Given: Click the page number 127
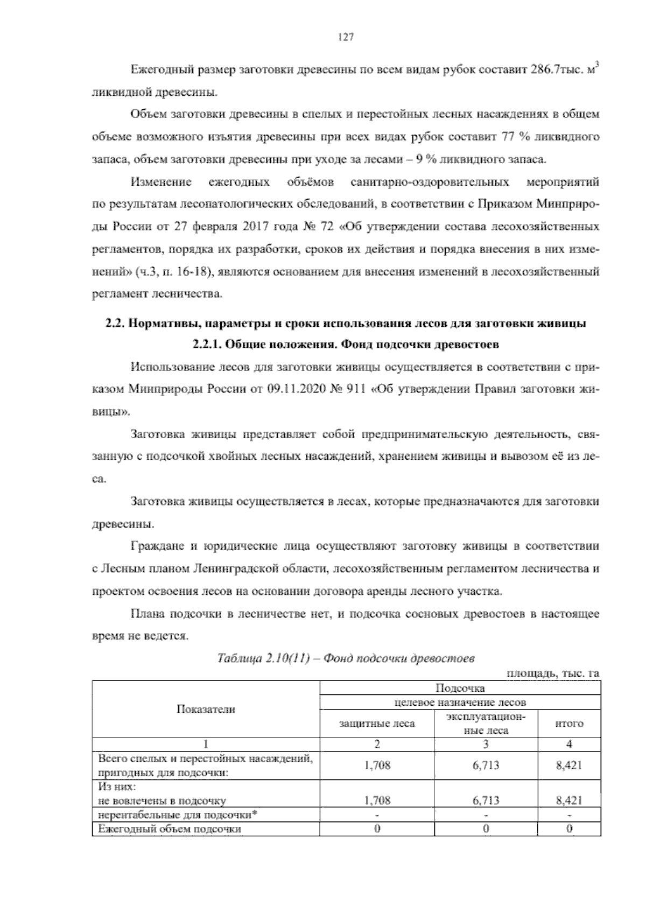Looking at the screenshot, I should tap(345, 37).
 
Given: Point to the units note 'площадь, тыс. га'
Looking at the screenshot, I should tap(553, 673).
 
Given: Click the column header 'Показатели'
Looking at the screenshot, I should tap(206, 709).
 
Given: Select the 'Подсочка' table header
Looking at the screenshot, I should tap(460, 688).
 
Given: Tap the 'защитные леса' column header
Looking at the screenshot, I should tap(377, 724).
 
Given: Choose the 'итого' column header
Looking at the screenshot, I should tap(569, 724).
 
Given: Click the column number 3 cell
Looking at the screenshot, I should tap(486, 745).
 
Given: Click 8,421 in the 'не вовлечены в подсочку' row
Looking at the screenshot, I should tap(569, 800).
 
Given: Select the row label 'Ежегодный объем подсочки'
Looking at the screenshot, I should tap(170, 829).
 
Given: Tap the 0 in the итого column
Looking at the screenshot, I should tap(569, 829).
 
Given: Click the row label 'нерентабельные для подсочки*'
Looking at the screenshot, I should tap(177, 814).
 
